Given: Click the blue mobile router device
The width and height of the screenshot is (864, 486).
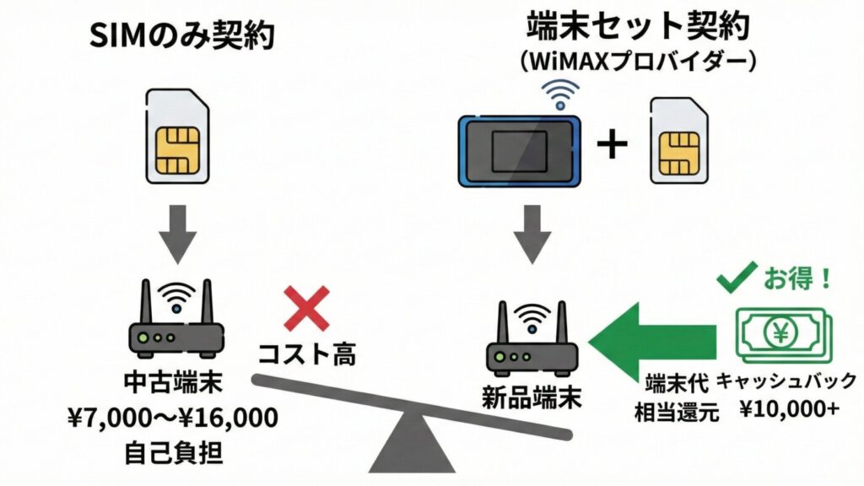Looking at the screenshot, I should (517, 149).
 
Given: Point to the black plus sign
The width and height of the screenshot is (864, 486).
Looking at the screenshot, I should (612, 145).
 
